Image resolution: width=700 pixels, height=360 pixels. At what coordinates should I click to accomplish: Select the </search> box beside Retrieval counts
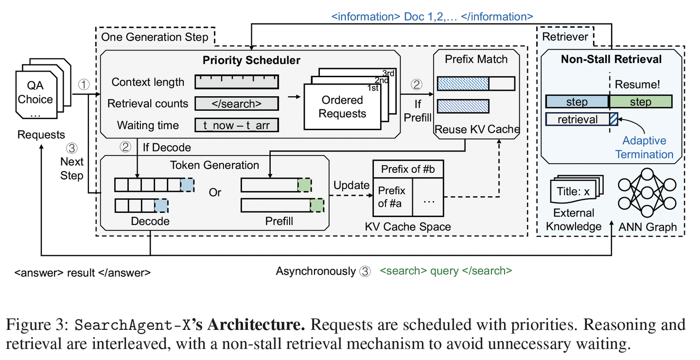click(237, 103)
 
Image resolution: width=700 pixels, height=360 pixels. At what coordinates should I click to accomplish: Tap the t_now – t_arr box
click(237, 125)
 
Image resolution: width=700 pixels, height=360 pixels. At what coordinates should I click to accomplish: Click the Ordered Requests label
click(342, 107)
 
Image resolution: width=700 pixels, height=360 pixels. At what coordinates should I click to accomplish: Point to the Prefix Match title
click(476, 59)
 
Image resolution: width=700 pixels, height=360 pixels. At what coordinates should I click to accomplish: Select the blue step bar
click(577, 102)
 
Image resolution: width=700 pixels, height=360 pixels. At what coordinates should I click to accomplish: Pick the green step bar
click(641, 102)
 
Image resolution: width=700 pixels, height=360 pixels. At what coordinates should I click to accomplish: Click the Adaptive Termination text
click(644, 148)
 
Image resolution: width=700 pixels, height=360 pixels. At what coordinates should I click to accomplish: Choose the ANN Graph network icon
click(647, 193)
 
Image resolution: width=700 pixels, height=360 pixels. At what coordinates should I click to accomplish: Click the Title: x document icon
click(573, 192)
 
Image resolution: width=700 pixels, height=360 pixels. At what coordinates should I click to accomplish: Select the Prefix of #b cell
click(408, 169)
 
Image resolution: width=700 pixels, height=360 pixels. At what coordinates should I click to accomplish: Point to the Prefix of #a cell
click(392, 196)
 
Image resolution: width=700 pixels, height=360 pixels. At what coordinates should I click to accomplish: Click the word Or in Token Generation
click(215, 192)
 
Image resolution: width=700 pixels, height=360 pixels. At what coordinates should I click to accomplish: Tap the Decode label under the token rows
click(150, 221)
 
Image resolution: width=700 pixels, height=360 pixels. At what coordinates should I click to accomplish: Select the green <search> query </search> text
click(446, 271)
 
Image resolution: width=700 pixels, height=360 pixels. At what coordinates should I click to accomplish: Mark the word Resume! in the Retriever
click(637, 84)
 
